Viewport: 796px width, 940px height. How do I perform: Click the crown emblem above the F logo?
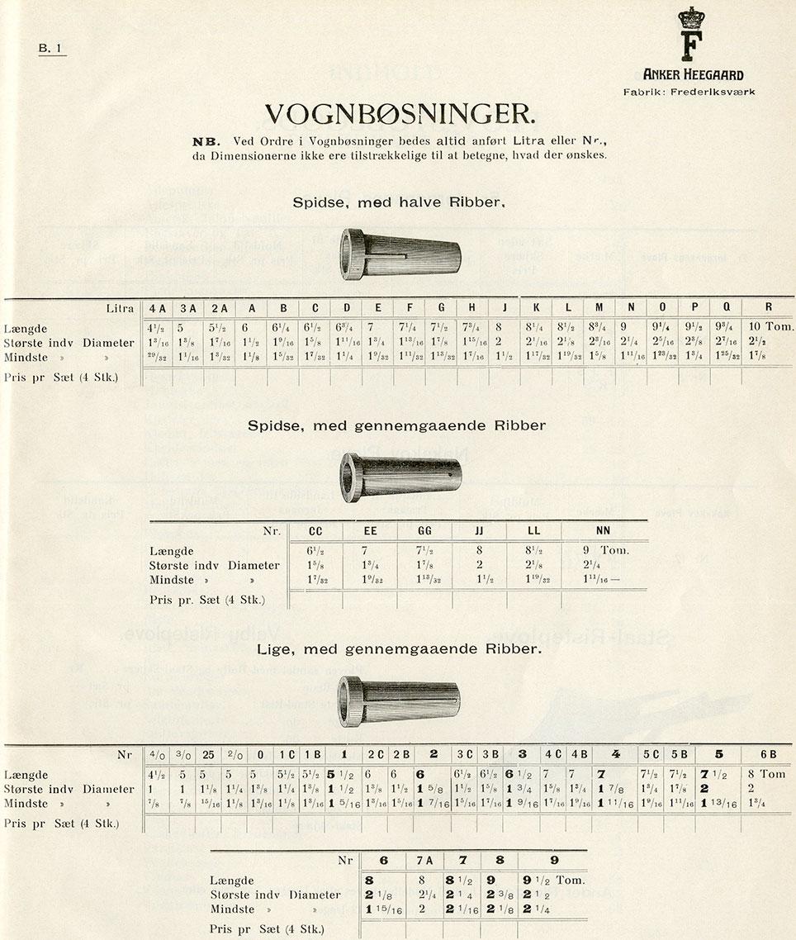pos(688,17)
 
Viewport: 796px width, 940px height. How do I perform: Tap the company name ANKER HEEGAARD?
pos(693,75)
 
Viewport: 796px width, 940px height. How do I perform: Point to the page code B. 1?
pos(50,49)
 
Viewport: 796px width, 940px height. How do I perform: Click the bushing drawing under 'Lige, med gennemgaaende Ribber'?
pos(399,700)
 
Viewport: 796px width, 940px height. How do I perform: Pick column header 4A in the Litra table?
pos(157,308)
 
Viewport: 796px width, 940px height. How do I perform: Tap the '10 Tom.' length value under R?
pos(771,327)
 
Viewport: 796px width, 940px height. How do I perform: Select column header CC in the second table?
pos(315,531)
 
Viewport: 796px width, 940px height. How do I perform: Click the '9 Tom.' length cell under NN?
pos(607,550)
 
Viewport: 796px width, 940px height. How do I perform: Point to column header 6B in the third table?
pos(768,754)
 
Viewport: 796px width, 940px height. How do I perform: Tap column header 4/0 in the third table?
pos(155,755)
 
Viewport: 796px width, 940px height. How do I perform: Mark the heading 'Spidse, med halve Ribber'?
pos(399,202)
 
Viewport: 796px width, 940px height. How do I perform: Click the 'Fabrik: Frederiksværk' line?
pos(689,92)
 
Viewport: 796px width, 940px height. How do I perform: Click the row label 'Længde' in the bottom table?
pos(231,881)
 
